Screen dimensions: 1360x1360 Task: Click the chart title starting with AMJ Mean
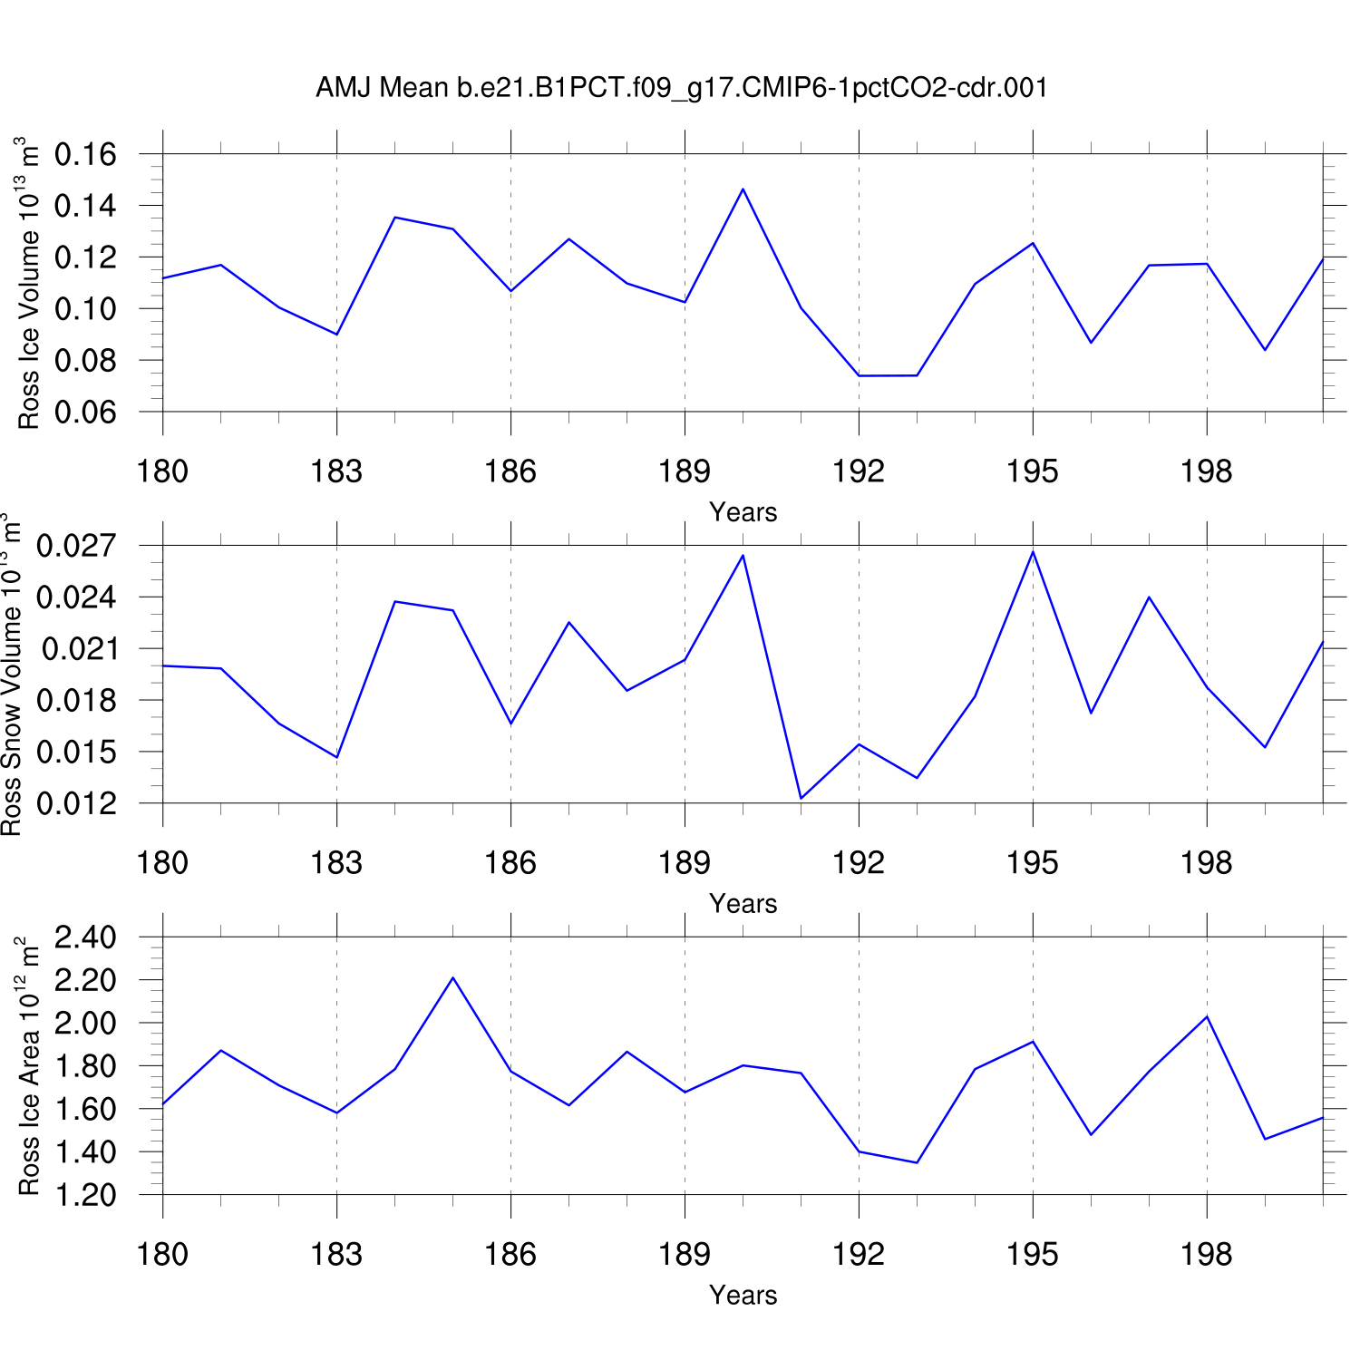tap(682, 88)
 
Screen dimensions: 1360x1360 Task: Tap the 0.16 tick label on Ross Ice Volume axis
tap(85, 155)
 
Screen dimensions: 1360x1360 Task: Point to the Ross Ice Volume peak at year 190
tap(743, 189)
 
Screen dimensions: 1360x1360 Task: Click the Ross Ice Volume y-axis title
tap(29, 283)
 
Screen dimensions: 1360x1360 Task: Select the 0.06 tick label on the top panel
tap(85, 413)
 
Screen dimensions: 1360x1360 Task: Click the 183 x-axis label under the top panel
tap(336, 471)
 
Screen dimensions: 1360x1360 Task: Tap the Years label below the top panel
tap(743, 512)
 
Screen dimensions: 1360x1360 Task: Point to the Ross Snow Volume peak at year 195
tap(1033, 551)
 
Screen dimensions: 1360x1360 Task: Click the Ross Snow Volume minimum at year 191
tap(801, 798)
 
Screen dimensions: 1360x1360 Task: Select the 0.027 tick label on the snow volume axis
tap(76, 546)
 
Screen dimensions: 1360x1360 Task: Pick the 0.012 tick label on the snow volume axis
tap(76, 803)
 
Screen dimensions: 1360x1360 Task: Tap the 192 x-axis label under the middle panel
tap(859, 863)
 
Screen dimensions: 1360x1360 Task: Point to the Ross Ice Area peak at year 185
tap(452, 977)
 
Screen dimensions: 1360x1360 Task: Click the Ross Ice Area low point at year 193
tap(917, 1162)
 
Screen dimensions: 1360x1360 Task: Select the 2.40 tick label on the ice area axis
tap(85, 937)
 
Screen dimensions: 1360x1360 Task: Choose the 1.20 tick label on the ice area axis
tap(85, 1195)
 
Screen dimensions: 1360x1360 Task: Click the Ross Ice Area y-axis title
tap(29, 1066)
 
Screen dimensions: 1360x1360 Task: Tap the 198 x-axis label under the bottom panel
tap(1206, 1255)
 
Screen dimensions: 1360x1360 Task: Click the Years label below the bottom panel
tap(743, 1295)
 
